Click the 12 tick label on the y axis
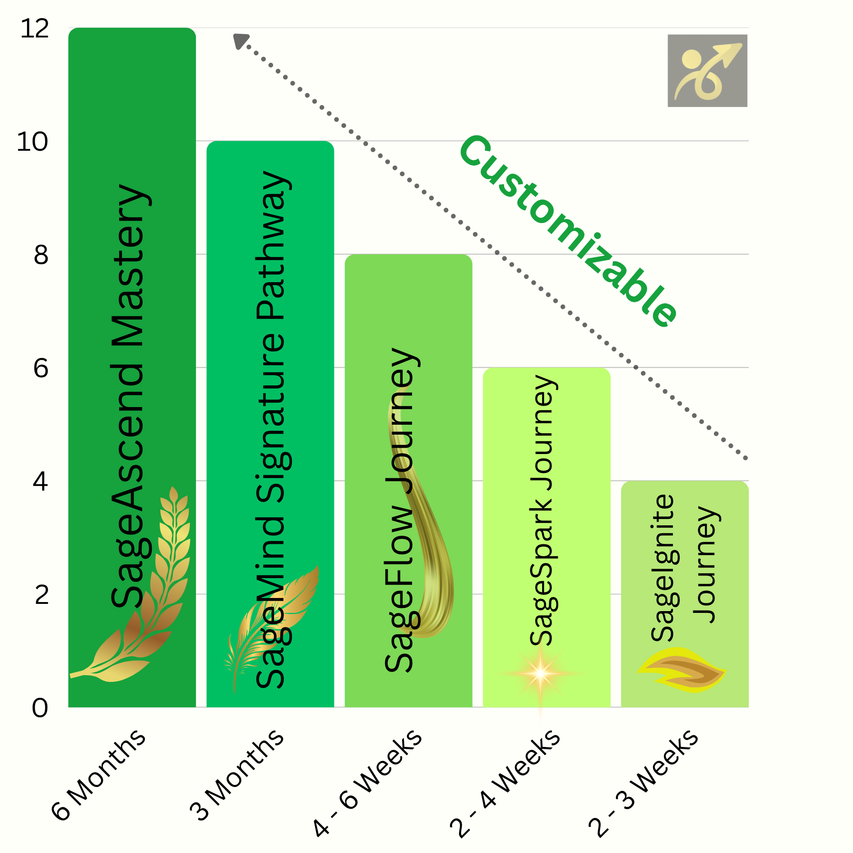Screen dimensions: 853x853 [x=35, y=29]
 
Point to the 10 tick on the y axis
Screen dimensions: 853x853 [x=32, y=142]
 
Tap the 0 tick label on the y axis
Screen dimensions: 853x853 [x=40, y=708]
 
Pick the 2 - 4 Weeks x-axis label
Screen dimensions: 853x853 [x=505, y=783]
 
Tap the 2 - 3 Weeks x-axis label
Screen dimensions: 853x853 [x=644, y=783]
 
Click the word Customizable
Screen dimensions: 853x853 [x=569, y=230]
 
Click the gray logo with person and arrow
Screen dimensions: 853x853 [x=707, y=71]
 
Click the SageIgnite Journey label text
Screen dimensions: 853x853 [x=684, y=566]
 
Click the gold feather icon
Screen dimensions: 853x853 [x=271, y=623]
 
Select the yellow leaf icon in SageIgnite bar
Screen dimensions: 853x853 [x=681, y=670]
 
